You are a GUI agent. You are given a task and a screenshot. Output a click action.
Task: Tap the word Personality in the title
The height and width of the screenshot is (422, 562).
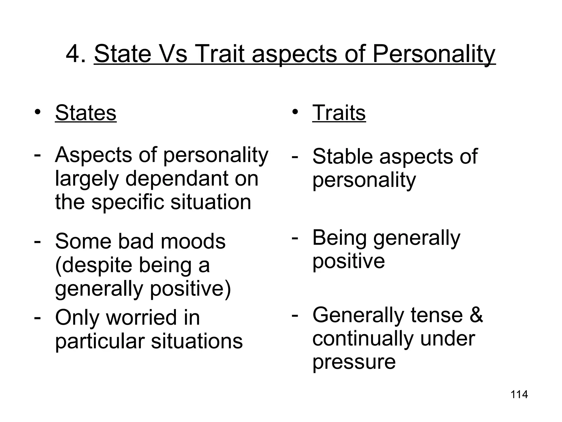pyautogui.click(x=434, y=54)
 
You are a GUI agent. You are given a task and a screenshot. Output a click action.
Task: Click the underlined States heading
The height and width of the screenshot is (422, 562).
pyautogui.click(x=86, y=113)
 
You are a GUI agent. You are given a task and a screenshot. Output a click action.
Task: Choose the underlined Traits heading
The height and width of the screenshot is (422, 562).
pyautogui.click(x=339, y=113)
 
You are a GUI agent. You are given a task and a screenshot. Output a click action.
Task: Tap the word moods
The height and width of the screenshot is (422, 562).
pyautogui.click(x=193, y=241)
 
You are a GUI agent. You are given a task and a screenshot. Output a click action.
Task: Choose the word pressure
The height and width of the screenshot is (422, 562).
pyautogui.click(x=354, y=362)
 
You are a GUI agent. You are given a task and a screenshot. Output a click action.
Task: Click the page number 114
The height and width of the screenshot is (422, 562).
pyautogui.click(x=519, y=395)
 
